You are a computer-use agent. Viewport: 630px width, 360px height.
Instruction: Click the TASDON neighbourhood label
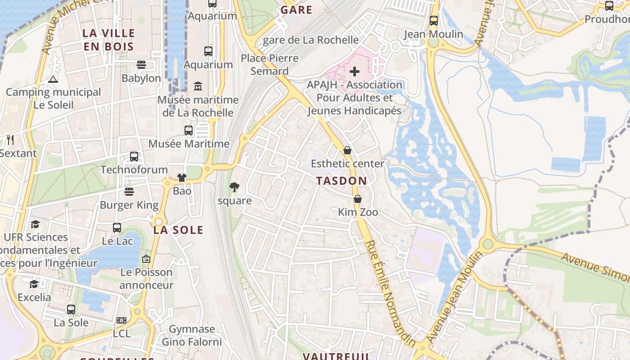(342, 181)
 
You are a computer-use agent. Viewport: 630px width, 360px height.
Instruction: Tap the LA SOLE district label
(178, 230)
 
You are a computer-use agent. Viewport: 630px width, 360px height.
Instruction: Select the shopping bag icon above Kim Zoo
(358, 198)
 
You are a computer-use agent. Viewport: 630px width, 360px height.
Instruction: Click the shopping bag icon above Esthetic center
(347, 150)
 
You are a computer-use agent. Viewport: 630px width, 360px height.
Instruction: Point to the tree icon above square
(234, 187)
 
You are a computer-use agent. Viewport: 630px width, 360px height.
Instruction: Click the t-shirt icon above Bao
(182, 178)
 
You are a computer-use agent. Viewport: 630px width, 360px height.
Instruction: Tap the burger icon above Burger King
(129, 192)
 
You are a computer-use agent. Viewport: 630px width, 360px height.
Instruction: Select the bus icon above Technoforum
(134, 157)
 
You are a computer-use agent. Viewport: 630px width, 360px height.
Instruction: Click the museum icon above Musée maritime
(198, 86)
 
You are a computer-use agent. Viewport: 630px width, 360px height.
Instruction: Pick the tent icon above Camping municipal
(53, 79)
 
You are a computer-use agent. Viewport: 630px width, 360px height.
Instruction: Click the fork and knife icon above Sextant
(11, 140)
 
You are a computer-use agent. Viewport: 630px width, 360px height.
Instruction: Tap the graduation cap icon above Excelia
(34, 284)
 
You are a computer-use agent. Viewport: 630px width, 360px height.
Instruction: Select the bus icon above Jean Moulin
(434, 21)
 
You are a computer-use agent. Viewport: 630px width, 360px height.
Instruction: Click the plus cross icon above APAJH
(355, 71)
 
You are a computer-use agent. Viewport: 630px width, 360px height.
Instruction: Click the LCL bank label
(121, 333)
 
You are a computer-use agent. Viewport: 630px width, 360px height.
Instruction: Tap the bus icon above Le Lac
(117, 228)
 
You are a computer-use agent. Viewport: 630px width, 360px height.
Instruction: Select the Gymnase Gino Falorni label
(192, 336)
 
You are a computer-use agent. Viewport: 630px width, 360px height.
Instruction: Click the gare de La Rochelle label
(310, 40)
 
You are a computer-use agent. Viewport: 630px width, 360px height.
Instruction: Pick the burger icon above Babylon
(141, 65)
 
